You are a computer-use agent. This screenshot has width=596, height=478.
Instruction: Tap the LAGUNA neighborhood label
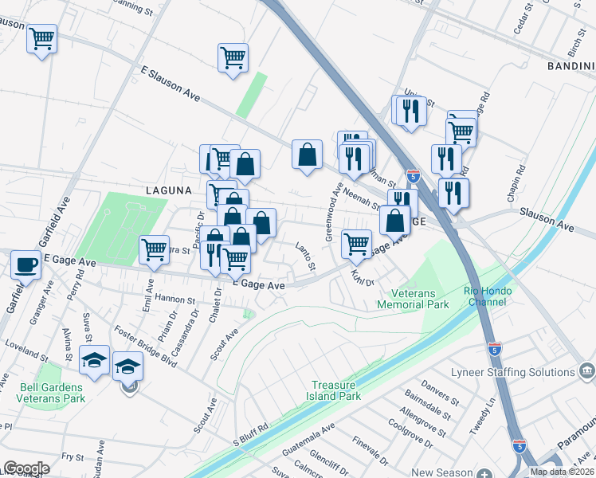pos(169,190)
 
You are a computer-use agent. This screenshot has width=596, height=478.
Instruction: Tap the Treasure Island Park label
pos(335,390)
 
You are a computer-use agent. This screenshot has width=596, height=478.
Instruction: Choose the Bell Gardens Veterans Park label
pos(52,393)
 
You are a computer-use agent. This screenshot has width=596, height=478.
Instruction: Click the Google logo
pos(26,468)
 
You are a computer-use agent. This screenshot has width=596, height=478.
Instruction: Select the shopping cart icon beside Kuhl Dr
pos(356,243)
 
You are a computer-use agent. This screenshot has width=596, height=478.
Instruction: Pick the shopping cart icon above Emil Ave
pos(154,249)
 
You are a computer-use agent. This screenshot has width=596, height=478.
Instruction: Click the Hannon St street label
pos(175,300)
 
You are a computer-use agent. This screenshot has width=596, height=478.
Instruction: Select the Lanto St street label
pos(306,255)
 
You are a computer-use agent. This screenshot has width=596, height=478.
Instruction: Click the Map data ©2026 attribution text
pos(561,472)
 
